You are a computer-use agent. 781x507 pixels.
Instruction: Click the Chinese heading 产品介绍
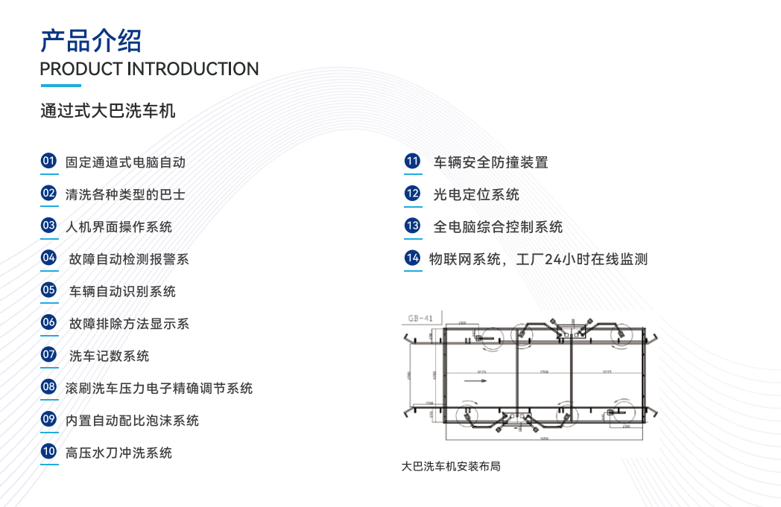(91, 40)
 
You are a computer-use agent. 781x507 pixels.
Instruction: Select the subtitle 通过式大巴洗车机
(108, 112)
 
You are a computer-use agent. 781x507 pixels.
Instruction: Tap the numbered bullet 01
(48, 161)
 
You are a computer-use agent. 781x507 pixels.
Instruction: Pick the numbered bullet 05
(48, 290)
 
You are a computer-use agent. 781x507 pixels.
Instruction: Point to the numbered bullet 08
(48, 387)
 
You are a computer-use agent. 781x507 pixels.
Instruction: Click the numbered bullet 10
(48, 451)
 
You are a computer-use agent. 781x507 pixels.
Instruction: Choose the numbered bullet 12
(412, 194)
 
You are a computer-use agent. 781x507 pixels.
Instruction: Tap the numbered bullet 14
(412, 258)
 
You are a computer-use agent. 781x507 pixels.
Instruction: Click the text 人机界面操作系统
(118, 226)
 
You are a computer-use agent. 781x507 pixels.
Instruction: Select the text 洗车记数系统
(109, 356)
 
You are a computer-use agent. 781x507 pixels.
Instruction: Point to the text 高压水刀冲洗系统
(118, 453)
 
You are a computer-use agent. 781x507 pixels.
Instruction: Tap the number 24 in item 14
(553, 259)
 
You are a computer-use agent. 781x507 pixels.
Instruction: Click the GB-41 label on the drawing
(421, 319)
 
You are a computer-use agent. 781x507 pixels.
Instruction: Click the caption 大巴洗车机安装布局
(450, 467)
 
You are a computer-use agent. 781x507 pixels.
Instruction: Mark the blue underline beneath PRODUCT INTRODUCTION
(60, 86)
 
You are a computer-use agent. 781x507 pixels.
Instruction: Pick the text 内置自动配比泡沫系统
(132, 421)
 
